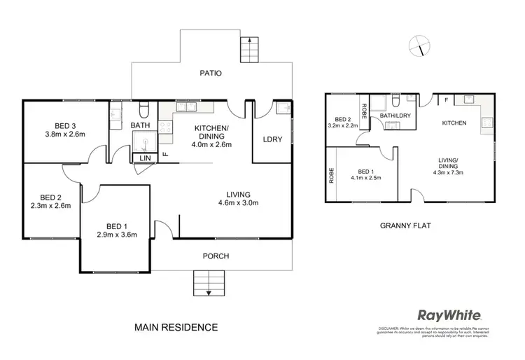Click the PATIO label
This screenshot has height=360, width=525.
click(210, 72)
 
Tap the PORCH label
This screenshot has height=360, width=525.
click(216, 256)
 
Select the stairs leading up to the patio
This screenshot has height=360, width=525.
click(250, 50)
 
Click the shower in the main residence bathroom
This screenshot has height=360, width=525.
click(145, 143)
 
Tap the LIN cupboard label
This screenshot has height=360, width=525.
click(145, 159)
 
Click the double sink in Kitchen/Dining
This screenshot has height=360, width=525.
click(185, 107)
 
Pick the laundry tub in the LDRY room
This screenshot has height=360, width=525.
click(282, 108)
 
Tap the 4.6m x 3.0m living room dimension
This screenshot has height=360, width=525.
click(239, 205)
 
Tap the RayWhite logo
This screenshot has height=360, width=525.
click(449, 315)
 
